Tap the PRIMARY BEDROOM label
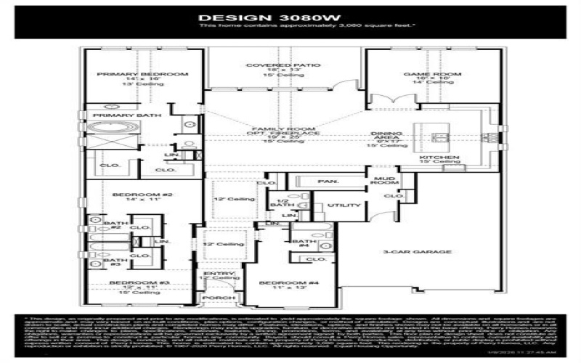click(143, 74)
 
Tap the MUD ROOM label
click(383, 181)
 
